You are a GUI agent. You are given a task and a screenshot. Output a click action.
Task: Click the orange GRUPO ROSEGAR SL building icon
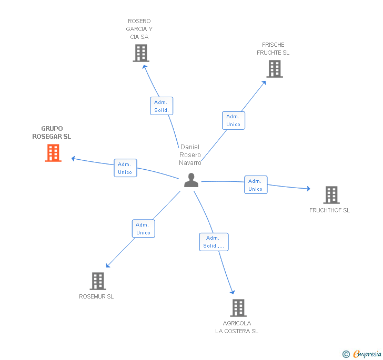click(53, 153)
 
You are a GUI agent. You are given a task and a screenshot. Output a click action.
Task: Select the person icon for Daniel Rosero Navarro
click(191, 180)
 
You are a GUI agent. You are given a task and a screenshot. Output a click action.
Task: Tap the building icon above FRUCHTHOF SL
click(331, 195)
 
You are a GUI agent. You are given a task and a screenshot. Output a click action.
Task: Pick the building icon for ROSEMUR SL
click(98, 281)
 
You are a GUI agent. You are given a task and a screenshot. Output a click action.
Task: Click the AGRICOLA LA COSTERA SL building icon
click(238, 308)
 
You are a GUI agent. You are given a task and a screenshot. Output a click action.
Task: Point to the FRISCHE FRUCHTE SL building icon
click(275, 69)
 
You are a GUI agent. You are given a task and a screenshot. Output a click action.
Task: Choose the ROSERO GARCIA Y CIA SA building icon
click(141, 53)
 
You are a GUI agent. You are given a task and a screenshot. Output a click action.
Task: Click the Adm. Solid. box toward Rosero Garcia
click(162, 106)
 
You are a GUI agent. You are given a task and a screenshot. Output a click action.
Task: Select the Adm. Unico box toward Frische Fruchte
click(234, 120)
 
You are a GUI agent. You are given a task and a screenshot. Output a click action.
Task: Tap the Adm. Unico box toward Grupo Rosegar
click(125, 168)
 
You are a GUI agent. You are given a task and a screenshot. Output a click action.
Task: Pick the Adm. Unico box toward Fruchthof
click(256, 185)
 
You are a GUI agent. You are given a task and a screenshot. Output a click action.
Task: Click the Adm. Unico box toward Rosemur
click(144, 229)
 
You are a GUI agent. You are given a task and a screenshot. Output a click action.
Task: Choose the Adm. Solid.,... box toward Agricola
click(214, 242)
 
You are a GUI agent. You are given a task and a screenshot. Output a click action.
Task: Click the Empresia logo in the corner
click(362, 354)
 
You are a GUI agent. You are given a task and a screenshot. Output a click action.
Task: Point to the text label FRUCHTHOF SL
click(329, 210)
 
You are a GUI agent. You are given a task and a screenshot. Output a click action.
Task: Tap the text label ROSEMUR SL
click(96, 296)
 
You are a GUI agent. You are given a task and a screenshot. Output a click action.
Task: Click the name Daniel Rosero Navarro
click(190, 155)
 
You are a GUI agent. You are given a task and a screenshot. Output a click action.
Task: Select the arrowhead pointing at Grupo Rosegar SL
click(73, 159)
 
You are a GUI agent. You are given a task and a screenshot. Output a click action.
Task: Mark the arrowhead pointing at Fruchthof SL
click(308, 189)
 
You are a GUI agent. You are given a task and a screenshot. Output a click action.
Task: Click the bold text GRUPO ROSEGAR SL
click(52, 132)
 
